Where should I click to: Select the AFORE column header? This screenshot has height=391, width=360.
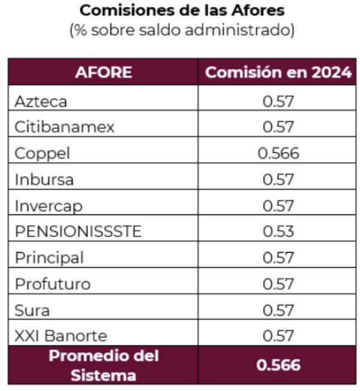pyautogui.click(x=103, y=72)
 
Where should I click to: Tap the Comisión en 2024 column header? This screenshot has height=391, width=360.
pyautogui.click(x=278, y=72)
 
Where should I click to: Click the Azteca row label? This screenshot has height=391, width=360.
pyautogui.click(x=41, y=101)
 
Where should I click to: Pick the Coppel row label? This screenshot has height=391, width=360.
pyautogui.click(x=42, y=153)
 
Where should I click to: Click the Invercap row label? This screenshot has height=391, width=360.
pyautogui.click(x=49, y=205)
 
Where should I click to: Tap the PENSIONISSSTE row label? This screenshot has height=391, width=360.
pyautogui.click(x=78, y=231)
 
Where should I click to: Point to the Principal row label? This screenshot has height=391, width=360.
pyautogui.click(x=49, y=257)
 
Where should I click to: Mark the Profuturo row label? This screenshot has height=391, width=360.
pyautogui.click(x=53, y=283)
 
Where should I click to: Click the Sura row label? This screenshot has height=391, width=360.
pyautogui.click(x=32, y=310)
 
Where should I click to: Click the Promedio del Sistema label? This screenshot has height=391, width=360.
pyautogui.click(x=103, y=365)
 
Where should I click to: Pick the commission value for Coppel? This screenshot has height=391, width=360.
pyautogui.click(x=279, y=153)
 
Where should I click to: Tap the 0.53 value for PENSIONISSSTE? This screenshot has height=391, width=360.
pyautogui.click(x=279, y=231)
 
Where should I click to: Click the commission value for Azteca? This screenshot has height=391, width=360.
pyautogui.click(x=279, y=101)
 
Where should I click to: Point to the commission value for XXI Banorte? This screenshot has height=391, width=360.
pyautogui.click(x=279, y=335)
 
